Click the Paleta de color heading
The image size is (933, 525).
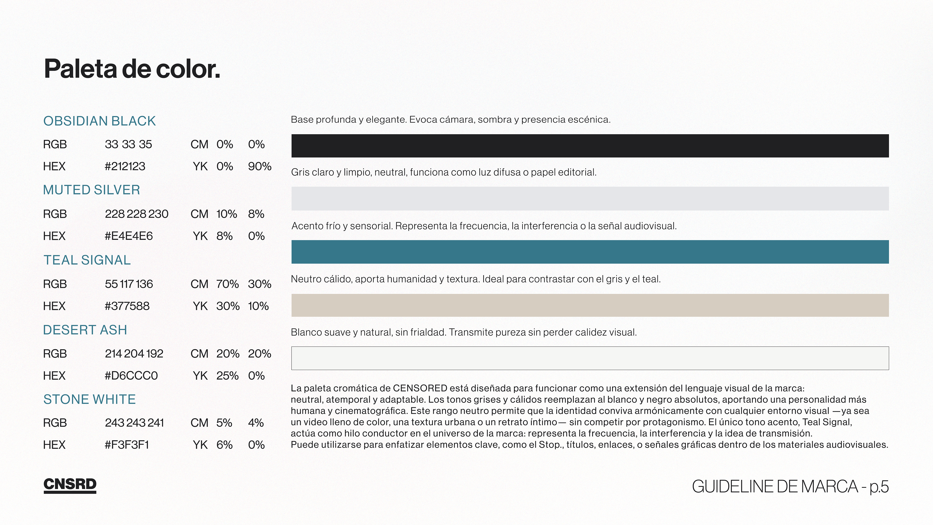coord(132,69)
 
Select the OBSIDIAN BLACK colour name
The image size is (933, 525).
coord(99,121)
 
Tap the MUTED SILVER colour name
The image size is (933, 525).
coord(91,190)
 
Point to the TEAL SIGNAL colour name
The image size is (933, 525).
coord(87,260)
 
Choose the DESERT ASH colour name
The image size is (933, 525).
coord(85,330)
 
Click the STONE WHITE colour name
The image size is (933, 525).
coord(89,399)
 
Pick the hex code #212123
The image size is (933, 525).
coord(125,166)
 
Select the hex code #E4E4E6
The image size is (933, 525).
coord(129,236)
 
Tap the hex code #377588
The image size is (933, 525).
coord(127,306)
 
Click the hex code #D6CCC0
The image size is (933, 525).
coord(131,376)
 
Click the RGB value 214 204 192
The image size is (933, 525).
coord(134,354)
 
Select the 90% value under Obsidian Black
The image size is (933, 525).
coord(259,166)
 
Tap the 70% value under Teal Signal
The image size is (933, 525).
coord(227,284)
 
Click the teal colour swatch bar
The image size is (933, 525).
coord(590,252)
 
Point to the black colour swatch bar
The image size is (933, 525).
coord(590,146)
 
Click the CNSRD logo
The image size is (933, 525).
coord(70,485)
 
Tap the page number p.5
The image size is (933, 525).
coord(879,487)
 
